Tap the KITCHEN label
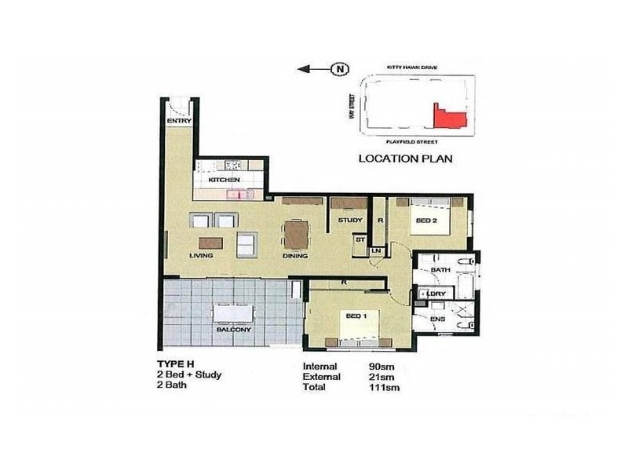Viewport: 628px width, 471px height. tap(224, 181)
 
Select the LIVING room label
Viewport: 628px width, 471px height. tap(202, 256)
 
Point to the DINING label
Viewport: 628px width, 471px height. tap(295, 256)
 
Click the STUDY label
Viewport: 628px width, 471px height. tap(350, 221)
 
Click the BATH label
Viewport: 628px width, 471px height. tap(440, 270)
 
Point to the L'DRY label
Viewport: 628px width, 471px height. tap(438, 294)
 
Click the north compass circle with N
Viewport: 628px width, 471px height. tap(340, 69)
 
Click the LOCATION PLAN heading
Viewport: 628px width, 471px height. tap(405, 159)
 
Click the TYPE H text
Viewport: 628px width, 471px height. tap(176, 364)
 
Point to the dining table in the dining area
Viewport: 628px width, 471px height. tap(296, 234)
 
